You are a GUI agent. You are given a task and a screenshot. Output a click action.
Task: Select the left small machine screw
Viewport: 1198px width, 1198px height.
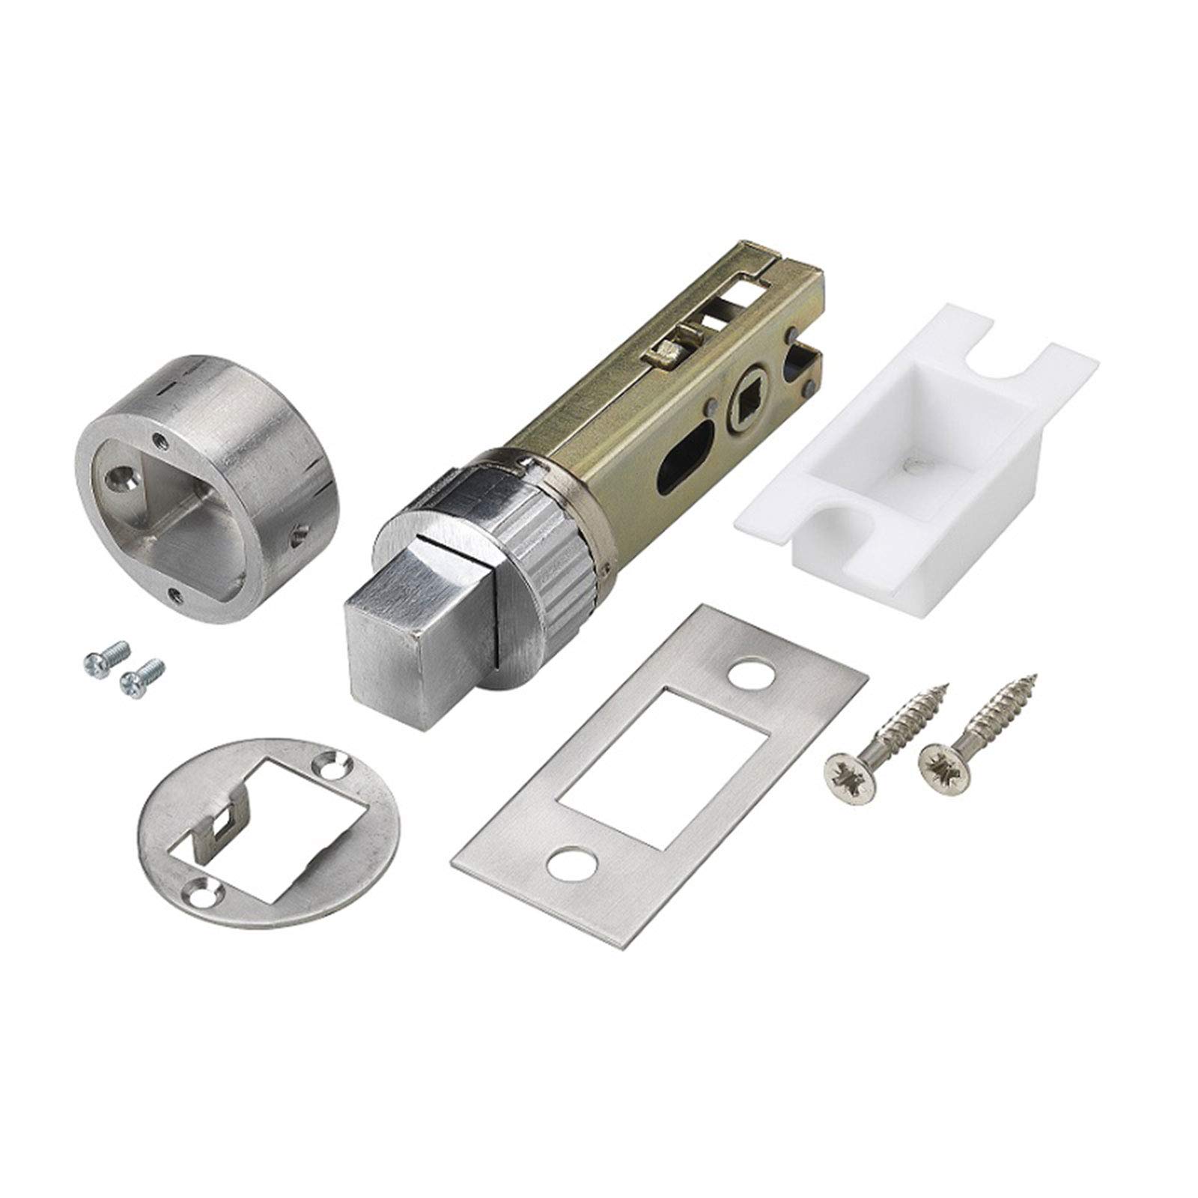coord(104,656)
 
